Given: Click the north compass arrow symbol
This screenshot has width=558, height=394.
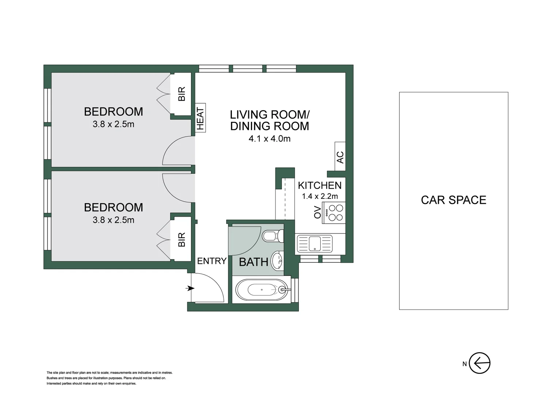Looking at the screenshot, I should pos(479,363).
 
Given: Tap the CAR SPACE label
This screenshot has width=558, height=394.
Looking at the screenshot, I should pos(453,200).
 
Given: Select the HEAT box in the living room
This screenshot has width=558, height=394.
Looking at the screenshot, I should pos(200,118).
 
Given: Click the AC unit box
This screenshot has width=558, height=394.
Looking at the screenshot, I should pos(340,157).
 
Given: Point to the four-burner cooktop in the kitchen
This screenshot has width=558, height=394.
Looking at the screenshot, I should pos(335,213).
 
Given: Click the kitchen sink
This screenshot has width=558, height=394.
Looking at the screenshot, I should pos(314,244).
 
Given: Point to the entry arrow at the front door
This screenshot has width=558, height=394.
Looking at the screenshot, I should pos(190,289).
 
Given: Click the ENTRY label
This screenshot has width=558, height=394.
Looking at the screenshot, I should pos(212,261).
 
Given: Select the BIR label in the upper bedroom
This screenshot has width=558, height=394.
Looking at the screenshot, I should pos(181,94).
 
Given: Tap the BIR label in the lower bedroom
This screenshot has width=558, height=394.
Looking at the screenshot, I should pos(181,240).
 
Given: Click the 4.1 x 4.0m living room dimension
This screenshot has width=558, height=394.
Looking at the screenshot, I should pos(270,139).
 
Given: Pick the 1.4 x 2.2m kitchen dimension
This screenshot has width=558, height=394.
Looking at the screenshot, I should pos(320,196).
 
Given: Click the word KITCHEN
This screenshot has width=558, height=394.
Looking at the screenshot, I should pos(320,185).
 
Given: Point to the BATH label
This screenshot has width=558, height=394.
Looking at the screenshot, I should pos(253,262).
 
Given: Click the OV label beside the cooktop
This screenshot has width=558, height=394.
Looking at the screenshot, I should pos(317,212).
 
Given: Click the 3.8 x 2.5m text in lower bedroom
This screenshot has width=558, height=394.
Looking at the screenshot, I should pos(113,220).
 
